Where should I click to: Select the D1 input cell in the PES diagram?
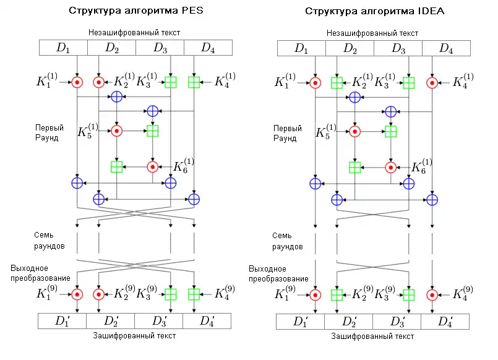tap(63, 48)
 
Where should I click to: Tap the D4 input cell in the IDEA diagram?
tap(445, 48)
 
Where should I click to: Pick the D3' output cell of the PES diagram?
tap(158, 321)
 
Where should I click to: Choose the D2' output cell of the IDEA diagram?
tap(349, 321)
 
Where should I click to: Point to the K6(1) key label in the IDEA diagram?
tap(423, 166)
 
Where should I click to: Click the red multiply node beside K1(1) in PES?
tap(77, 82)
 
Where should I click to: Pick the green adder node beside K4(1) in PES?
tap(194, 82)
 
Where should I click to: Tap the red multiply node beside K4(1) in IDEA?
tap(432, 82)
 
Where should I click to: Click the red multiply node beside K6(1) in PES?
tap(153, 166)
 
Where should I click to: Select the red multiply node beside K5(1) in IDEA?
tap(354, 131)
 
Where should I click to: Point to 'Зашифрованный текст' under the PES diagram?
tap(135, 336)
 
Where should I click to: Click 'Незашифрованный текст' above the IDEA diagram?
tap(372, 32)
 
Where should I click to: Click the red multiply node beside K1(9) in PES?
tap(77, 294)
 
